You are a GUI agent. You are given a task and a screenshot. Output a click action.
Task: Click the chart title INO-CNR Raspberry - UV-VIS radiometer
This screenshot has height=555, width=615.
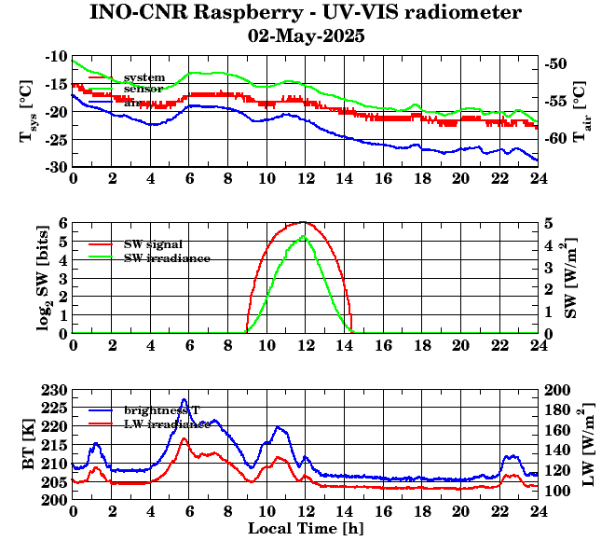306,13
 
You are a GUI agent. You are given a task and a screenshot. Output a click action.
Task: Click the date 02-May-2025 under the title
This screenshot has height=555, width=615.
306,37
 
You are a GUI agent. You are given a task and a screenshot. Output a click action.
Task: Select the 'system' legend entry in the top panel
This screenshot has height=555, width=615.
144,77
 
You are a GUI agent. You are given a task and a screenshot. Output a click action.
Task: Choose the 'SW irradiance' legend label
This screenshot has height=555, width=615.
167,257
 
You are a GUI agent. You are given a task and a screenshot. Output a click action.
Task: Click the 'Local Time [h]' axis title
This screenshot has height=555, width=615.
306,529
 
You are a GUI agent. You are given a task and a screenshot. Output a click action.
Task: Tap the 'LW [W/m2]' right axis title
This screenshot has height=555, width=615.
586,444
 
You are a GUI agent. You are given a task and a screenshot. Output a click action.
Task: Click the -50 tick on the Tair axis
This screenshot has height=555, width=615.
557,64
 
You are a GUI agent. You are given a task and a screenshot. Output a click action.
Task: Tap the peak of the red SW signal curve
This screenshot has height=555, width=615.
304,222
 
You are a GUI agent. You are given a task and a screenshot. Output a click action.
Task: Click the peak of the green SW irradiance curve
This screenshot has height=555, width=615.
304,236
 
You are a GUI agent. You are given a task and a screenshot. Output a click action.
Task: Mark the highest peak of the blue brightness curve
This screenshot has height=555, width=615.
184,400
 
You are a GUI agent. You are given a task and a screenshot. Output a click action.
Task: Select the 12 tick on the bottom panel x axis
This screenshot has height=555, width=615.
305,510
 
